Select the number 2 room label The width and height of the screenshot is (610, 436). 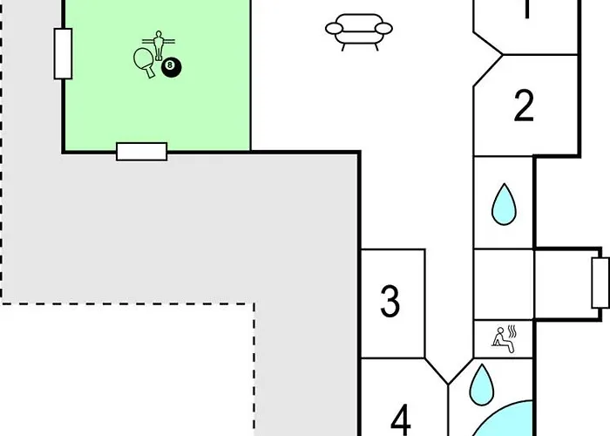[524, 106]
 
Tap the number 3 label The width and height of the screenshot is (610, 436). [390, 301]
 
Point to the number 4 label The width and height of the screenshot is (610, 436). [400, 420]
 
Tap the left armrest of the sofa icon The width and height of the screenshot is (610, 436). [334, 30]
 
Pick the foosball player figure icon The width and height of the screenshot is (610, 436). [159, 44]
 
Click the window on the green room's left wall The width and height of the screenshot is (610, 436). [63, 53]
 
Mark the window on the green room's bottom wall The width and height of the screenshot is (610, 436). [141, 151]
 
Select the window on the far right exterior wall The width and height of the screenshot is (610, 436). [600, 283]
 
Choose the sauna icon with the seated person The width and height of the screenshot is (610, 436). [503, 337]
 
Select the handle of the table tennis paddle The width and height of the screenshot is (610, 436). [151, 72]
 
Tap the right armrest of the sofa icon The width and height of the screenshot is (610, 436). [384, 30]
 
